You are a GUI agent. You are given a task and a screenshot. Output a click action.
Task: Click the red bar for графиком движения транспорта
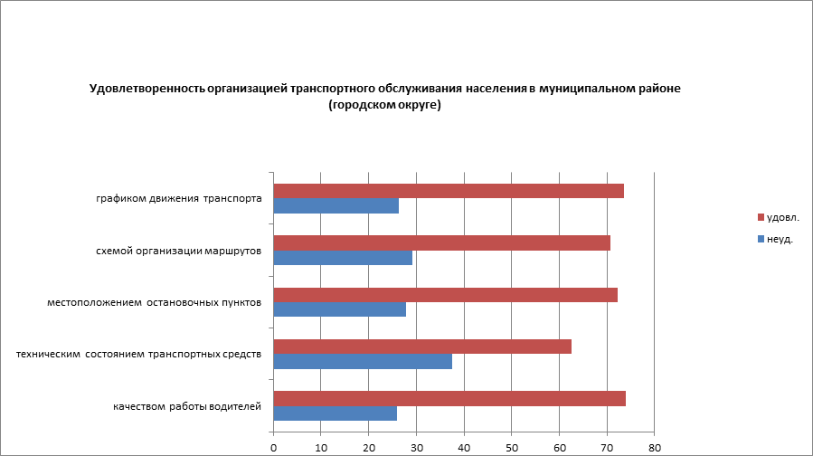(449, 191)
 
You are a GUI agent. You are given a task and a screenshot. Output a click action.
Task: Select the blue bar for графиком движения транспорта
(336, 206)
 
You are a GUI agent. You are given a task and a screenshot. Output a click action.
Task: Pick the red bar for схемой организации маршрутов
(441, 242)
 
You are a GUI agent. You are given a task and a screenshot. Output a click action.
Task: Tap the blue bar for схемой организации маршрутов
(343, 258)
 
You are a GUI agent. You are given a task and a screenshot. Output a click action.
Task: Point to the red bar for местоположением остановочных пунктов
(445, 295)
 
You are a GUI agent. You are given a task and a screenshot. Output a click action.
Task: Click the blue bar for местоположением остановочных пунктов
(339, 309)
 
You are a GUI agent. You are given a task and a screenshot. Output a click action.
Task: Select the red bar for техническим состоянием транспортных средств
(422, 347)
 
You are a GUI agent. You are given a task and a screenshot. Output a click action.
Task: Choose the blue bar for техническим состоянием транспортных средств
(363, 362)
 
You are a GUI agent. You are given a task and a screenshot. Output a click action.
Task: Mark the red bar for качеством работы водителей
(449, 399)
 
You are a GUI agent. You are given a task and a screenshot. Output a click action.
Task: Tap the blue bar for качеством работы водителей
(335, 413)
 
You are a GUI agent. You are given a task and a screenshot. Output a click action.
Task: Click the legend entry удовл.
(781, 217)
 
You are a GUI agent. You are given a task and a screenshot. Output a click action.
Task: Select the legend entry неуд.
(779, 239)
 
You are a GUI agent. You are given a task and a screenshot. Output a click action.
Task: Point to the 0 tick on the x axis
(273, 447)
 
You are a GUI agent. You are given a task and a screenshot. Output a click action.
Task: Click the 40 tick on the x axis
(464, 447)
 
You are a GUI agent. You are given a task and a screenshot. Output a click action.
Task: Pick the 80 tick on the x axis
(655, 447)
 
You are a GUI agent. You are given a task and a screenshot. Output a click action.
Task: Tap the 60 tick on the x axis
(560, 447)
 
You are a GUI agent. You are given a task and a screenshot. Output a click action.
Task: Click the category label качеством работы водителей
(187, 406)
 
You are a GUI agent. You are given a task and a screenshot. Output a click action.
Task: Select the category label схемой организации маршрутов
(179, 251)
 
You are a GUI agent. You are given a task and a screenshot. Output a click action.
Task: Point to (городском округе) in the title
(384, 106)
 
